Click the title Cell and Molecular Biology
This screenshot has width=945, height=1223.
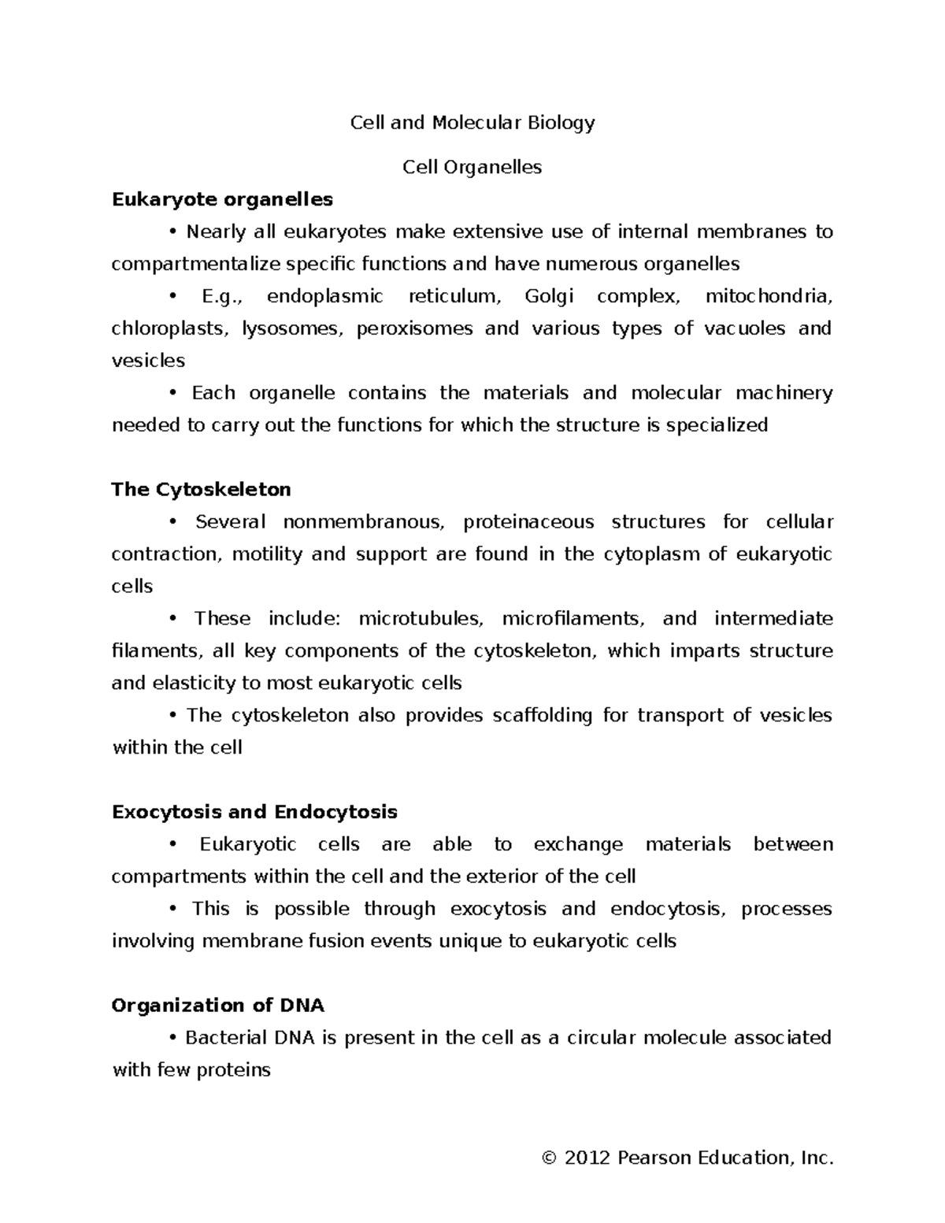click(x=472, y=123)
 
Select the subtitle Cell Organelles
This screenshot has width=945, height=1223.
click(x=472, y=167)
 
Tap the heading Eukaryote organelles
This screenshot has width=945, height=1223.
click(x=222, y=199)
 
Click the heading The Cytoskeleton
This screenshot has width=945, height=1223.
click(x=202, y=490)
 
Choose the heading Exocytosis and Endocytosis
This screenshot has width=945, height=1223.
click(x=254, y=812)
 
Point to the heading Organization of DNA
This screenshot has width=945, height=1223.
click(x=218, y=1006)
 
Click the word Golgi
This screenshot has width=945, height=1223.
click(x=549, y=297)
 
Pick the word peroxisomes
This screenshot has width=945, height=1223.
click(x=415, y=328)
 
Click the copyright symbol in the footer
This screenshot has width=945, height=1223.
click(x=550, y=1158)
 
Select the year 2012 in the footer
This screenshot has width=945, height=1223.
click(x=588, y=1158)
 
